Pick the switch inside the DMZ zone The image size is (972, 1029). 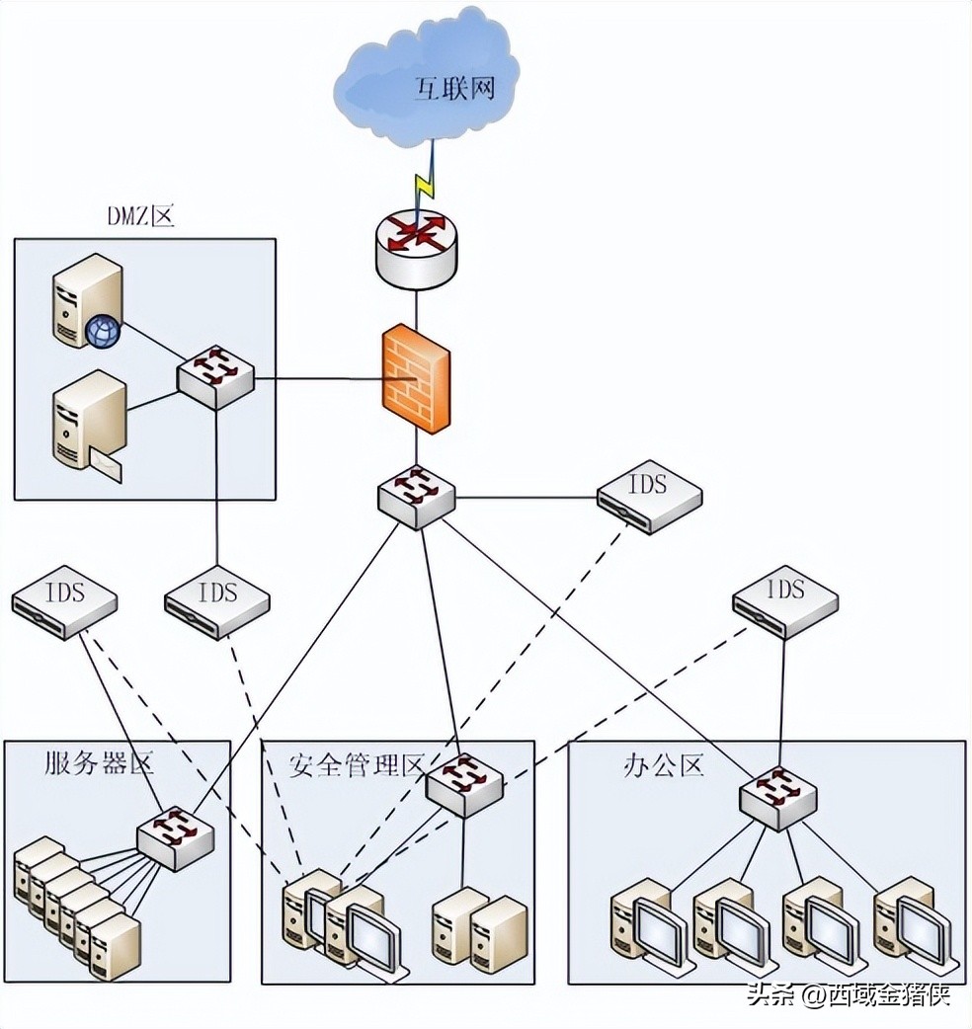click(x=215, y=376)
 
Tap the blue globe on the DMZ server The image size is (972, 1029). click(x=102, y=332)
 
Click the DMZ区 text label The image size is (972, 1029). click(x=139, y=217)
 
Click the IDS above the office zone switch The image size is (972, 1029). click(x=785, y=600)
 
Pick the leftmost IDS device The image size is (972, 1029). click(x=64, y=604)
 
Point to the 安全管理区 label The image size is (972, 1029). click(x=356, y=764)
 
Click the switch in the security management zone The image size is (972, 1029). click(x=463, y=782)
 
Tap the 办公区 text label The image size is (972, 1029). click(x=663, y=764)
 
